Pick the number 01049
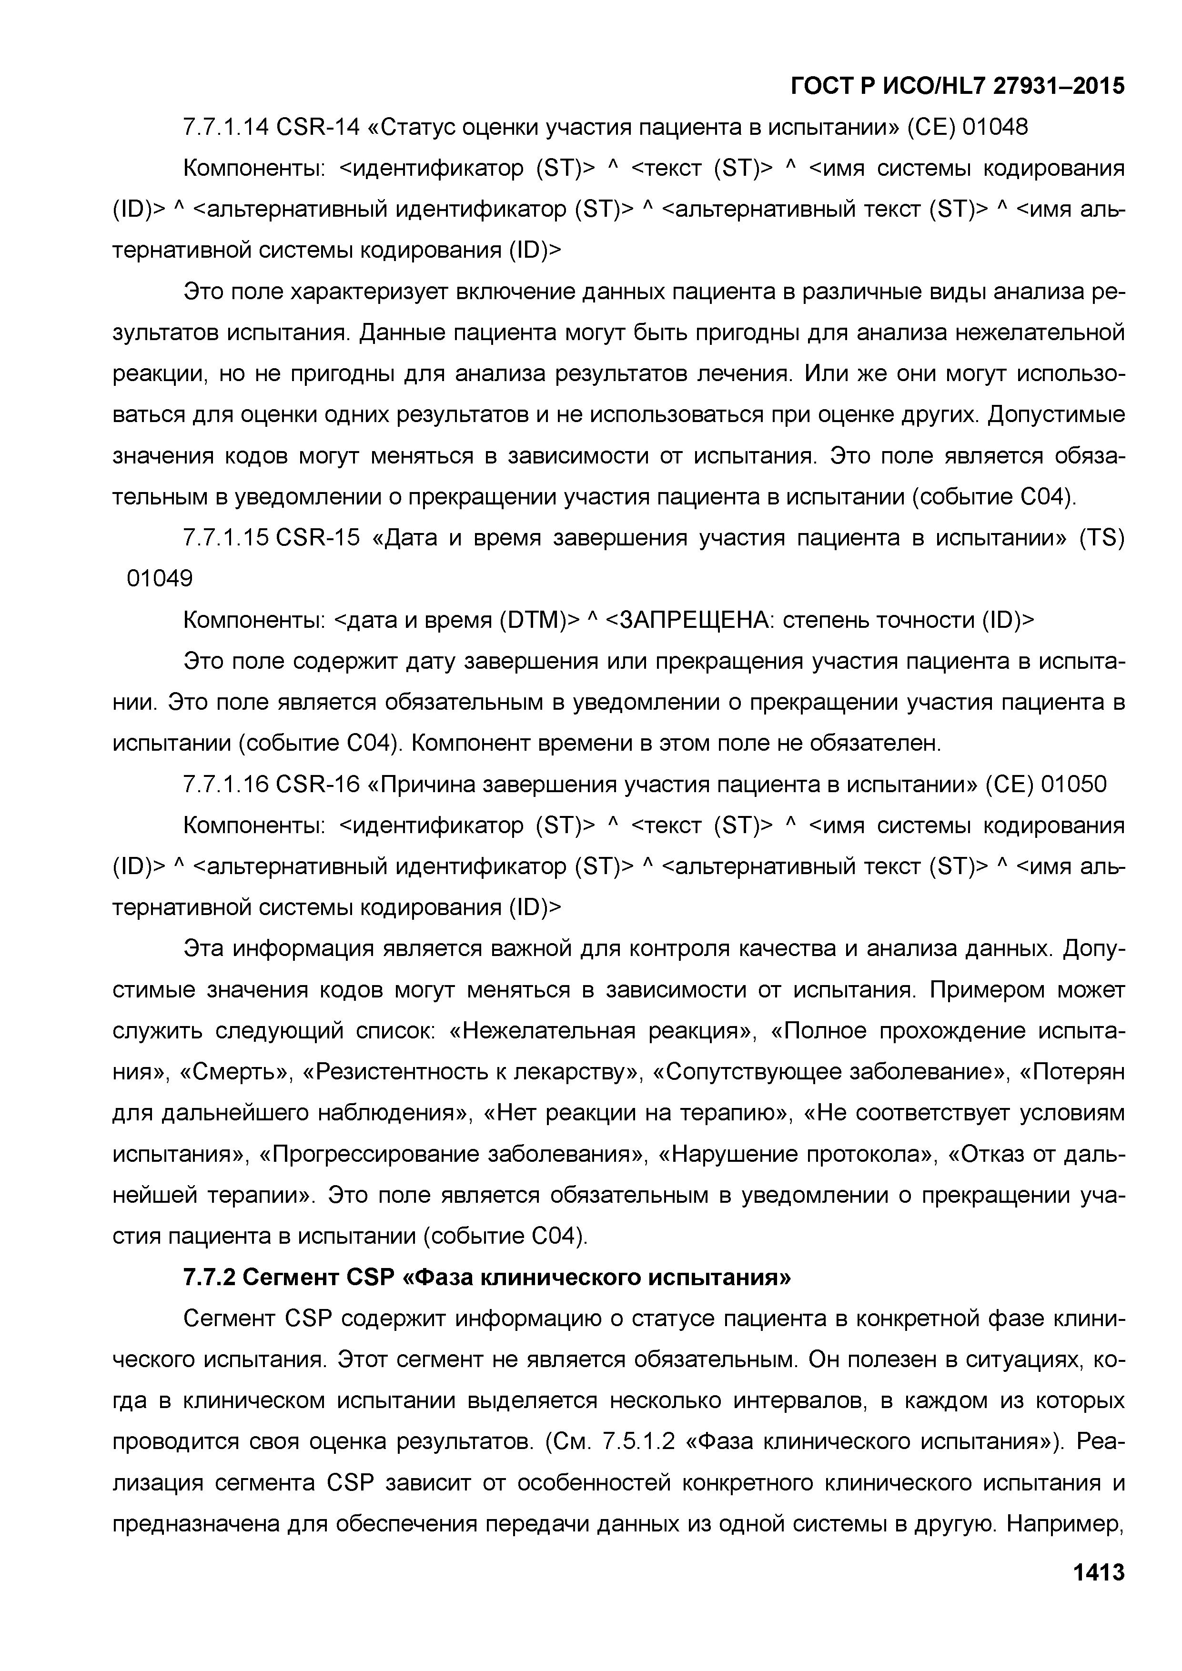[160, 579]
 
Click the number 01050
[1073, 785]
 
